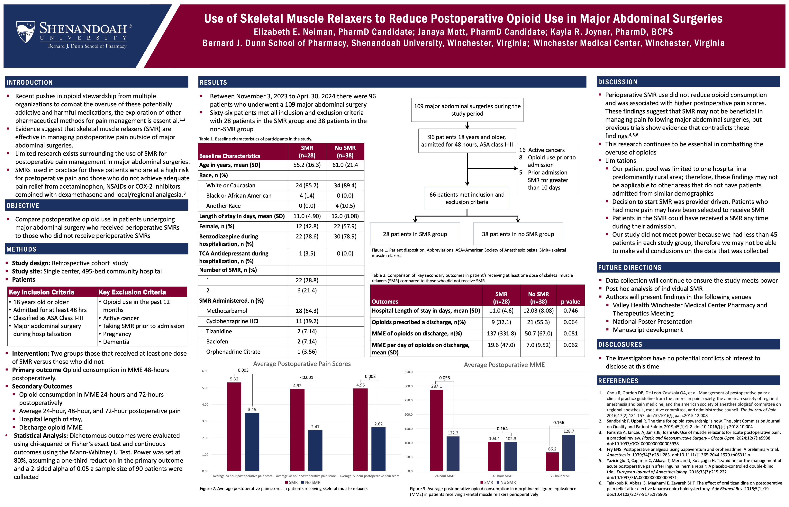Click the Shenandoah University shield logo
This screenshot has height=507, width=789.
pos(26,32)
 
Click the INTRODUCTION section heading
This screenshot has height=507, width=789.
pos(30,82)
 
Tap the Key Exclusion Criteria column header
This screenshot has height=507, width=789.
pos(132,292)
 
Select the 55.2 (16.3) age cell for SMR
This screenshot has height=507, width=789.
pos(307,165)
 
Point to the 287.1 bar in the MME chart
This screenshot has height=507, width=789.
pos(436,430)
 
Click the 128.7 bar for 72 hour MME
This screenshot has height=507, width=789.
pos(568,453)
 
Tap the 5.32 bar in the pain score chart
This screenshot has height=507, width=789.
pos(234,426)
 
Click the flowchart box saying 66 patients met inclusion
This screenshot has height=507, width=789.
pos(467,198)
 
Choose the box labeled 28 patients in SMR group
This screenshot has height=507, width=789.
pos(415,234)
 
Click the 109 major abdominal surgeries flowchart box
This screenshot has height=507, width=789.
pos(467,110)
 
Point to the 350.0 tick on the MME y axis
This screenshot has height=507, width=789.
pos(408,372)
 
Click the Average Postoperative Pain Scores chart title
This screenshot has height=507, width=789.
pos(302,364)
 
